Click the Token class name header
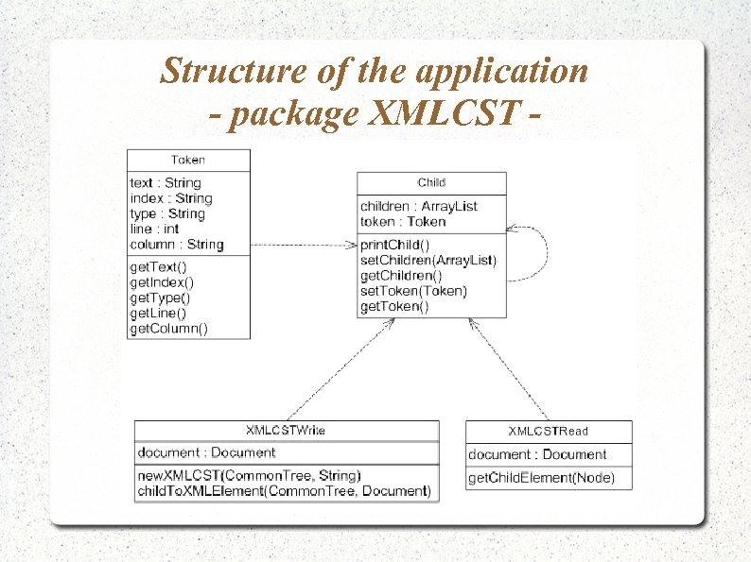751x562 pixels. pyautogui.click(x=188, y=160)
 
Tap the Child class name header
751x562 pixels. pyautogui.click(x=430, y=182)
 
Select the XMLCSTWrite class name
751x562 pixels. pyautogui.click(x=286, y=431)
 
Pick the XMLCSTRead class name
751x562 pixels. pyautogui.click(x=549, y=431)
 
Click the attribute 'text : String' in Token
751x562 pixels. pyautogui.click(x=166, y=182)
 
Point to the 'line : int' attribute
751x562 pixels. pyautogui.click(x=154, y=229)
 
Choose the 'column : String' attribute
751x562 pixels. pyautogui.click(x=177, y=245)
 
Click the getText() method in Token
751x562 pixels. pyautogui.click(x=158, y=267)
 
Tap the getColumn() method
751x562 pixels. pyautogui.click(x=169, y=329)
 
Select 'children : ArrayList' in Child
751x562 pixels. pyautogui.click(x=419, y=206)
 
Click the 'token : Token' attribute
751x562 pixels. pyautogui.click(x=403, y=222)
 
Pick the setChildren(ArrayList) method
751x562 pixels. pyautogui.click(x=428, y=260)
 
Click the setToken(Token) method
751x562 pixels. pyautogui.click(x=413, y=291)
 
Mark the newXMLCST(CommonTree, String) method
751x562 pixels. pyautogui.click(x=249, y=475)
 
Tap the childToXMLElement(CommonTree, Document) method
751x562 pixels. pyautogui.click(x=284, y=491)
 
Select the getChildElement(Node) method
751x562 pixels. pyautogui.click(x=541, y=479)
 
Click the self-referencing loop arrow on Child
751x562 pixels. pyautogui.click(x=546, y=253)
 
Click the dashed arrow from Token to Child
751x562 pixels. pyautogui.click(x=303, y=245)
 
